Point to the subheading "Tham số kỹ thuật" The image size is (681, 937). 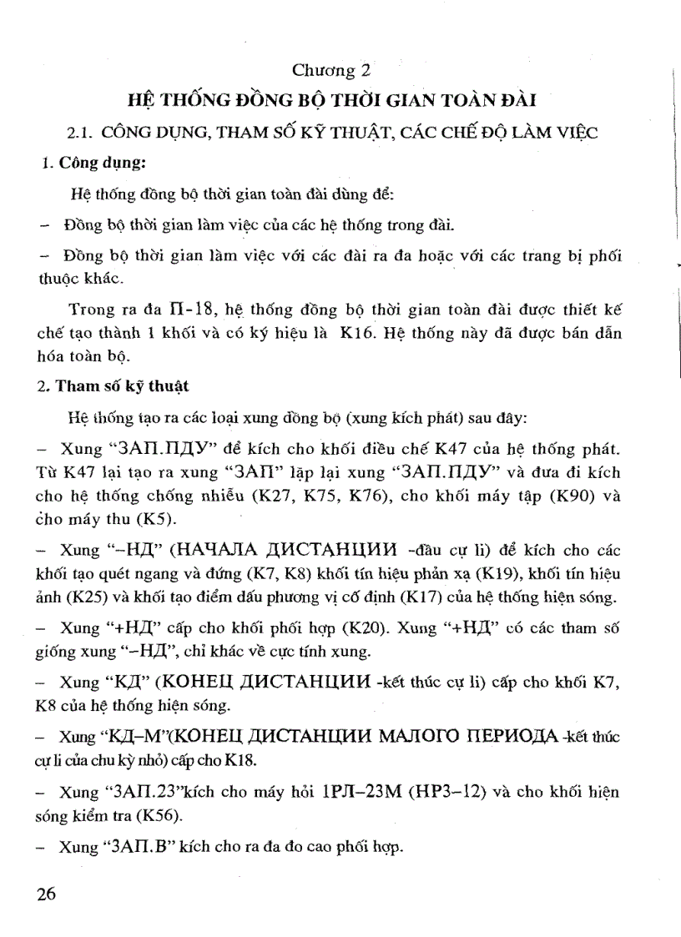point(124,385)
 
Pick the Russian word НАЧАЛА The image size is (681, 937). point(213,552)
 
